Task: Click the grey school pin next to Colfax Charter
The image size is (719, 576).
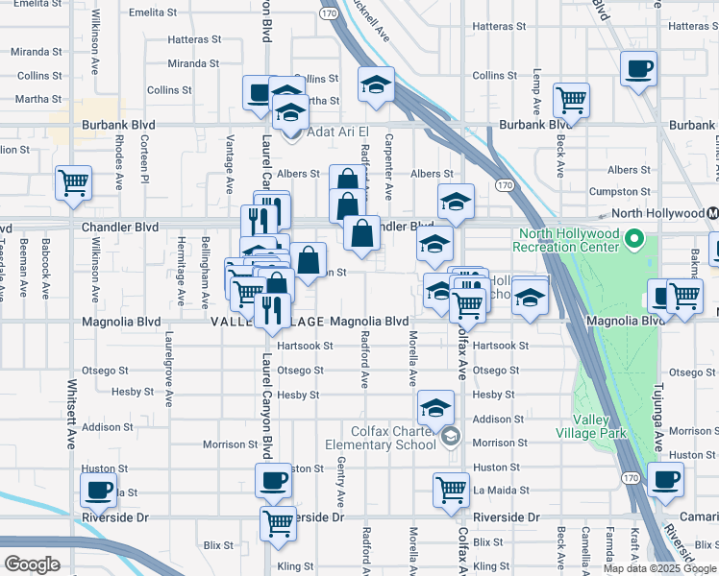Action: [450, 439]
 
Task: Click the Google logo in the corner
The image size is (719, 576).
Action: [32, 564]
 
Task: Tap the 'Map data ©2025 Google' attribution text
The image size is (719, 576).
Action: [659, 568]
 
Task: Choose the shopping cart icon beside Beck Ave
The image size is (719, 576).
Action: [571, 99]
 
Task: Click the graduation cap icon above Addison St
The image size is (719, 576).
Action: [435, 406]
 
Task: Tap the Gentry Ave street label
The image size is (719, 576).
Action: [341, 482]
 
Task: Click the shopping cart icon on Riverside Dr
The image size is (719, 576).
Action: [278, 524]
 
